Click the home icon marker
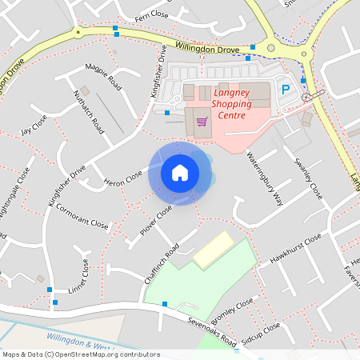180,173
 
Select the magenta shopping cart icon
202,122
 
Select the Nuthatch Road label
89,111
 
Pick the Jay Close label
34,125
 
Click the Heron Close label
123,178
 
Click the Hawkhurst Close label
296,250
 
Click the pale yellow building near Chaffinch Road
211,250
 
